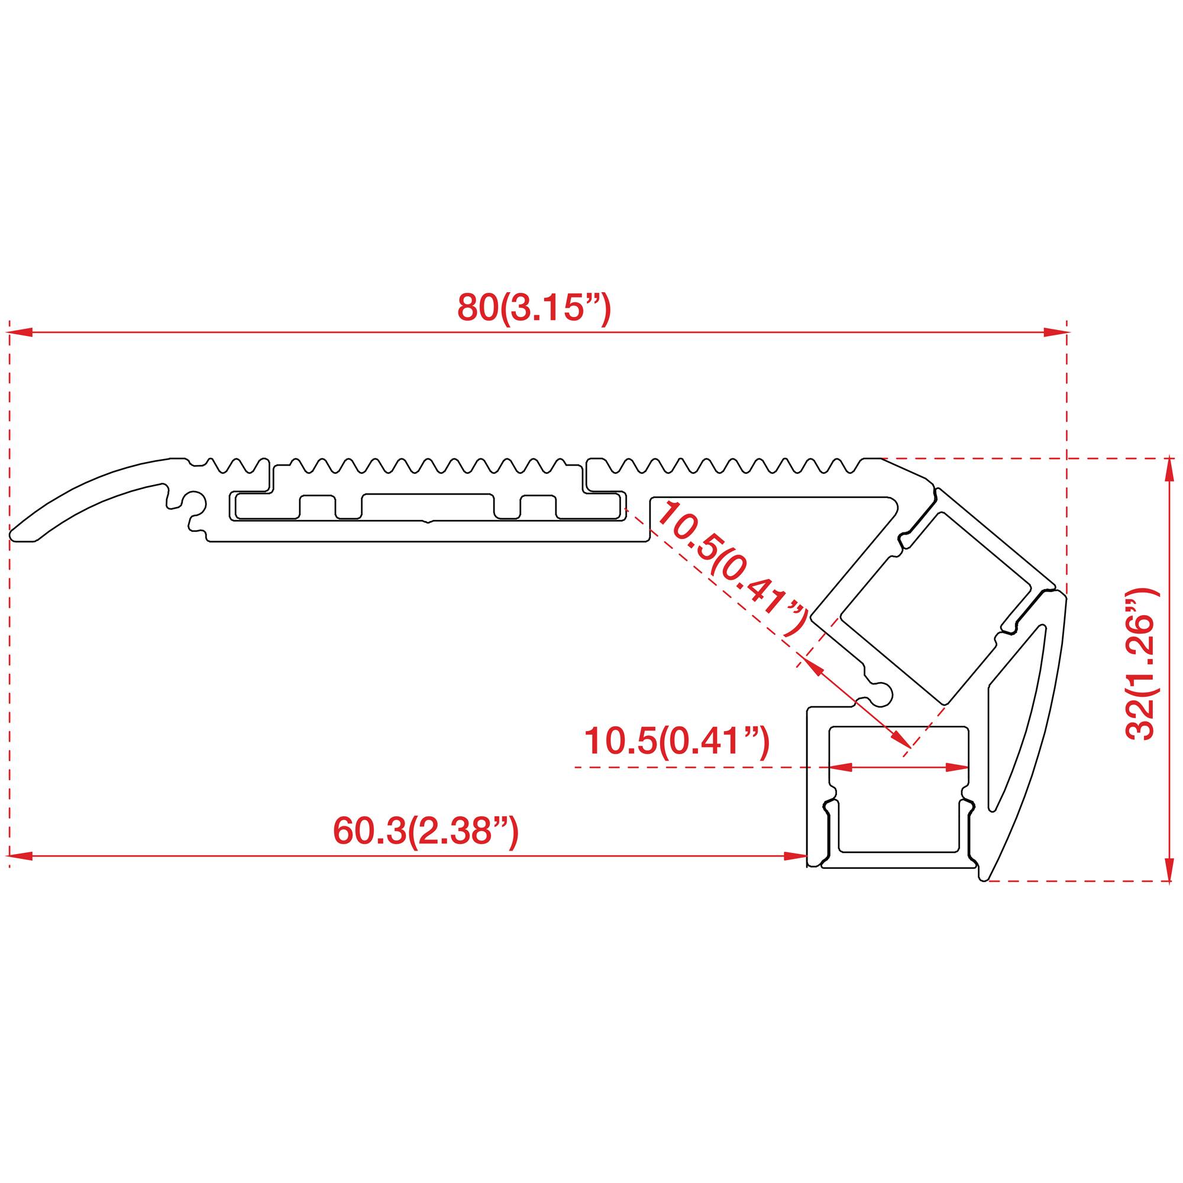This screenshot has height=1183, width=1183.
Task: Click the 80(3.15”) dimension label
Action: (534, 308)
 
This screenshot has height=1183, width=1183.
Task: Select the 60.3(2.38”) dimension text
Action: (425, 832)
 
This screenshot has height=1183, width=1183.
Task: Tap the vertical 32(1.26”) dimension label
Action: (1140, 664)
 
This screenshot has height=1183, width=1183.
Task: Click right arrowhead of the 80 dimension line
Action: (1056, 332)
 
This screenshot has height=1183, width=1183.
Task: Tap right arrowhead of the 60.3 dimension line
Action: (797, 856)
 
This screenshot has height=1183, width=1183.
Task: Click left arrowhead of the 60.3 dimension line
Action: (20, 856)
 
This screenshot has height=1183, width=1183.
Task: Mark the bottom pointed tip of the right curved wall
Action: (985, 880)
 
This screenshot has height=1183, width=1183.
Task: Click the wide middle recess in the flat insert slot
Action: (428, 507)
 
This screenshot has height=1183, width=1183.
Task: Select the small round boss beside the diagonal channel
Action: (883, 691)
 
